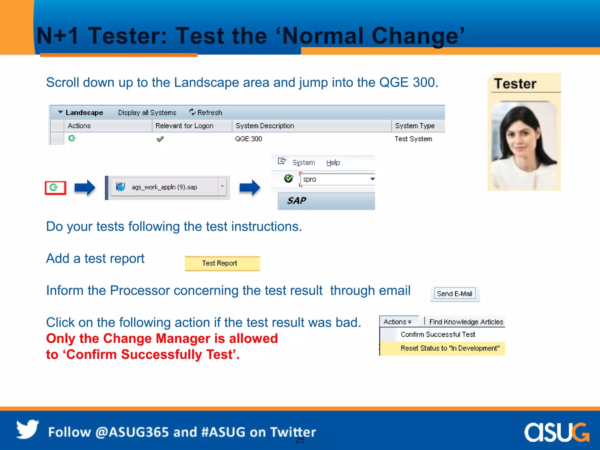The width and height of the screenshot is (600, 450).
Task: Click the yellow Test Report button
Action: click(x=222, y=263)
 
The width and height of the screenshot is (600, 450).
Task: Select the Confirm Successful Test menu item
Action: click(x=438, y=335)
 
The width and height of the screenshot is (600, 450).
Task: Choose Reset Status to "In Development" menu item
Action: click(x=450, y=348)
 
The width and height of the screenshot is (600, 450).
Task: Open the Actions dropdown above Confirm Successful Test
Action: click(x=397, y=322)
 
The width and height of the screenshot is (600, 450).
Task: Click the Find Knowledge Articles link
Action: click(x=466, y=322)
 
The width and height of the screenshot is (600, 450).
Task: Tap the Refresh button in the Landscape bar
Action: click(x=206, y=112)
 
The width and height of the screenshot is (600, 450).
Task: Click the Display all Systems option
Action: click(x=147, y=112)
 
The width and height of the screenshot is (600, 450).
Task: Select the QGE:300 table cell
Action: click(x=248, y=139)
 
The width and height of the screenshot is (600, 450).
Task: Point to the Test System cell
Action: click(x=413, y=139)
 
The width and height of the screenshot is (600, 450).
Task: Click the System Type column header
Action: click(x=415, y=126)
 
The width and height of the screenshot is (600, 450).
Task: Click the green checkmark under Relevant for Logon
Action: click(x=160, y=139)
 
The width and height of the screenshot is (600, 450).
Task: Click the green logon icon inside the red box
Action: click(x=54, y=187)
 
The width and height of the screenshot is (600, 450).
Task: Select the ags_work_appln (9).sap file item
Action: click(x=164, y=187)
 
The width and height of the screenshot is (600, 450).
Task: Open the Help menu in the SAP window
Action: click(x=333, y=163)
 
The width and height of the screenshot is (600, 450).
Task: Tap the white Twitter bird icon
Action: click(x=27, y=429)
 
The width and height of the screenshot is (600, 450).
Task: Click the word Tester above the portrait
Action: click(x=515, y=84)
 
